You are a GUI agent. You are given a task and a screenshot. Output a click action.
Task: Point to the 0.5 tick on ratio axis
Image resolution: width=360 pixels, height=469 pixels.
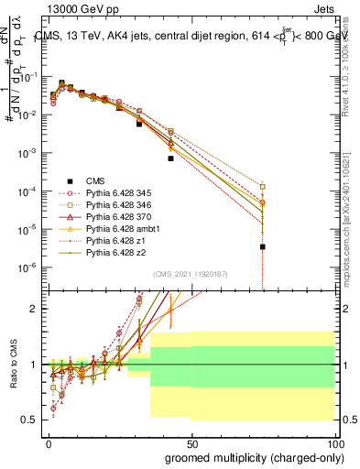(29, 420)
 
